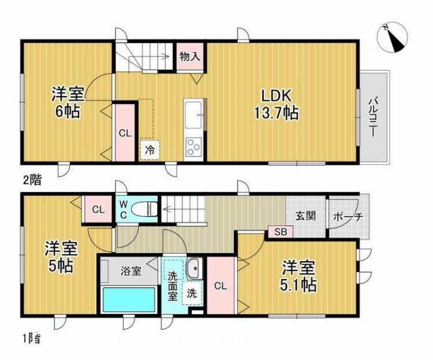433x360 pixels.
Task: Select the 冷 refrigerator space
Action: pos(149,150)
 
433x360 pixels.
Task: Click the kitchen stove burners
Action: pos(193,148)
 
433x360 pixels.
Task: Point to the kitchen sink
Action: pos(193,110)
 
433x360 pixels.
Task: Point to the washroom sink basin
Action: pos(193,268)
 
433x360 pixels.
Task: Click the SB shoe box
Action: pos(280,232)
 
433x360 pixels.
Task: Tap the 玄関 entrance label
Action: pos(305,216)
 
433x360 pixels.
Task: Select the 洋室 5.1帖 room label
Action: pos(298,277)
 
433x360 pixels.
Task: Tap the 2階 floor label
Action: pos(32,179)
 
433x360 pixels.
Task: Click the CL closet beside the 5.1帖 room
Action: pos(219,286)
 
